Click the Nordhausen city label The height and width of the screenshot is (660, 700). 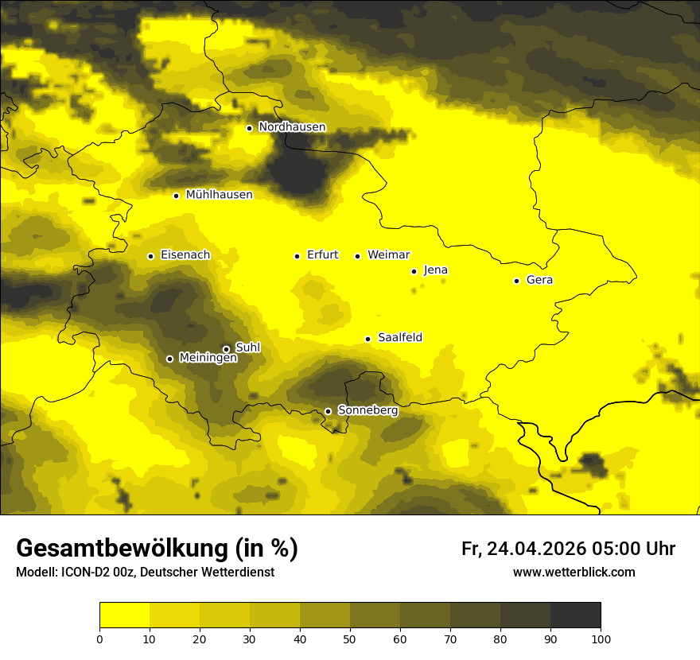tap(292, 127)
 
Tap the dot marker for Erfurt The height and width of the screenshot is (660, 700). tap(297, 256)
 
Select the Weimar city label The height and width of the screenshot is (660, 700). tap(388, 255)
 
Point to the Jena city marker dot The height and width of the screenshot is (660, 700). tap(414, 271)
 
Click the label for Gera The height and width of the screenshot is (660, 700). tap(539, 280)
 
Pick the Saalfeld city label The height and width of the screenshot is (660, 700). tap(399, 338)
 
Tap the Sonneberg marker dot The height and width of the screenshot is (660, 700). tap(328, 411)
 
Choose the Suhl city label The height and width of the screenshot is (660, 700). tap(247, 347)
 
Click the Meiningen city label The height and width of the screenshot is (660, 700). tap(208, 359)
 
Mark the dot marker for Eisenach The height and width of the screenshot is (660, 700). tap(150, 256)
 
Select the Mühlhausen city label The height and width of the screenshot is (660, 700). tap(219, 195)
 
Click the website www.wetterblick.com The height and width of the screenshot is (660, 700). tap(574, 573)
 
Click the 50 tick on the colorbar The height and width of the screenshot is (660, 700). tap(350, 638)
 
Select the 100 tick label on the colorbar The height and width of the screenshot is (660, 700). tap(601, 638)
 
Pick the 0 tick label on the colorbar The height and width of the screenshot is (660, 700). tap(99, 638)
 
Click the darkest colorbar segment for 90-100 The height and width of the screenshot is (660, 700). tap(575, 615)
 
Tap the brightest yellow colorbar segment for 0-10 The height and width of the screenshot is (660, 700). tap(124, 615)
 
